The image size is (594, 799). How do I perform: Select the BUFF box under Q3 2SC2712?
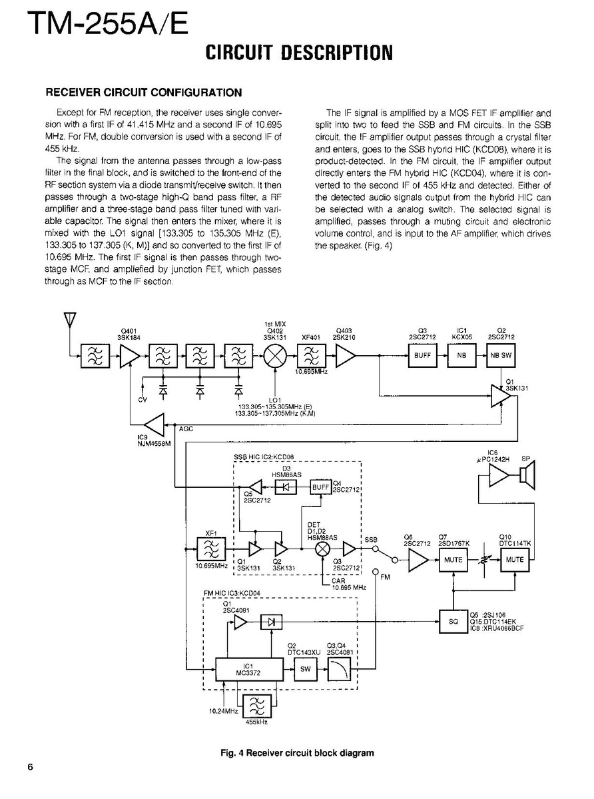tap(423, 356)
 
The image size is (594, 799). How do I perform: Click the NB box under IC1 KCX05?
tap(461, 356)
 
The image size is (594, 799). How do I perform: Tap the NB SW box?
tap(501, 356)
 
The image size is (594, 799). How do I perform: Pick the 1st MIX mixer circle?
tap(274, 357)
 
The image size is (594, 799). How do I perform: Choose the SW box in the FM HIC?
tap(306, 669)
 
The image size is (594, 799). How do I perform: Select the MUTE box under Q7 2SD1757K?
tap(453, 560)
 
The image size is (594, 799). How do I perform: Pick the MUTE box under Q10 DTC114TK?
tap(514, 560)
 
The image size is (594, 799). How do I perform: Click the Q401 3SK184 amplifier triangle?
tap(129, 357)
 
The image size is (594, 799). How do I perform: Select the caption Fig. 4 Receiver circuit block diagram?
tap(297, 753)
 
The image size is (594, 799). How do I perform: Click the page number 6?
tap(31, 766)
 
